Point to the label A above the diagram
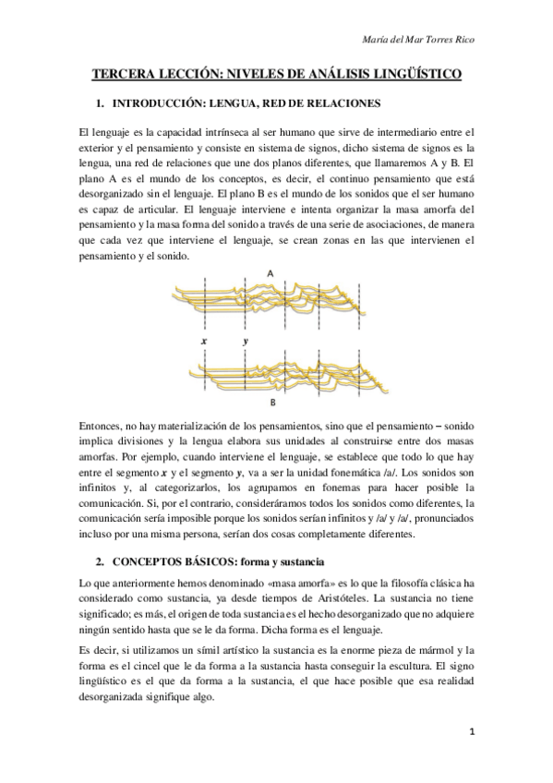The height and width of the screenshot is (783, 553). (270, 273)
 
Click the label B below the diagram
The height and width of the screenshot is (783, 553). (273, 403)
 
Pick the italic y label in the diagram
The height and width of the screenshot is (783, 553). (246, 341)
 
